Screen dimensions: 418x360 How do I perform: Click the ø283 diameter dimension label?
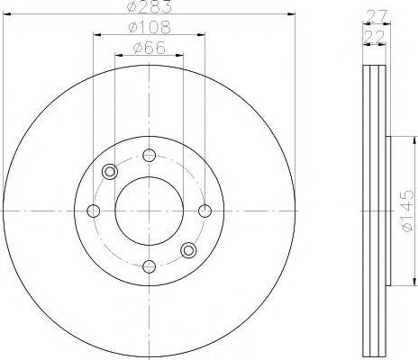[150, 6]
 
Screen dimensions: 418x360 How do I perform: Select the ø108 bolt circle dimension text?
[150, 28]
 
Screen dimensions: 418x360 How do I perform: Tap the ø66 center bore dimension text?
[150, 48]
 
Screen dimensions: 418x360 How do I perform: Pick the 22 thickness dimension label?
[374, 38]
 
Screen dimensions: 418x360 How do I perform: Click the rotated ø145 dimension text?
[409, 211]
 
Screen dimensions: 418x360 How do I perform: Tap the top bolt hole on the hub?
[150, 155]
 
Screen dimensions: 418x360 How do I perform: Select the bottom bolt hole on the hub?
[150, 266]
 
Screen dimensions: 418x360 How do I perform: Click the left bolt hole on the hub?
[93, 211]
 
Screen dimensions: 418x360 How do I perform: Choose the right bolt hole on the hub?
[205, 211]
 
